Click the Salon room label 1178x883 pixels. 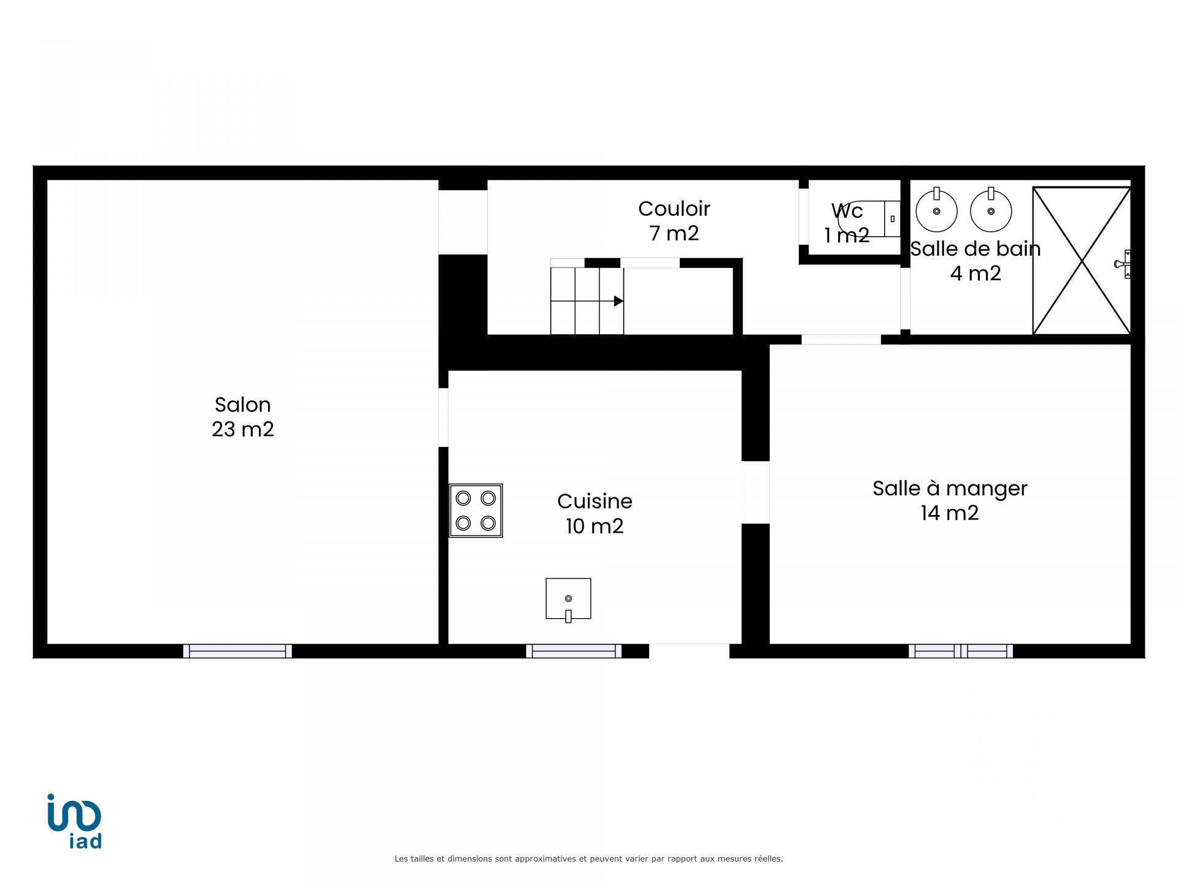[x=242, y=405]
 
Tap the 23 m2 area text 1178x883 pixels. [x=242, y=429]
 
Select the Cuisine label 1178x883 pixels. [x=595, y=501]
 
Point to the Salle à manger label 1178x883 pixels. [x=950, y=489]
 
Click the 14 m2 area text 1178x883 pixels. [x=950, y=513]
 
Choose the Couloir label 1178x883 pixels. [x=674, y=208]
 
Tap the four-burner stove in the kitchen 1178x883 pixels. [x=476, y=511]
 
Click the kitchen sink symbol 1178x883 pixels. [x=568, y=600]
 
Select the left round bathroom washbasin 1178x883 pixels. [x=936, y=210]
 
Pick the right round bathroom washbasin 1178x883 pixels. [x=991, y=210]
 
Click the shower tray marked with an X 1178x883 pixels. [x=1082, y=261]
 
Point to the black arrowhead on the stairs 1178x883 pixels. [x=618, y=301]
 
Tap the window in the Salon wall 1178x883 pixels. [x=237, y=651]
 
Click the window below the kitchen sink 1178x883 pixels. [x=574, y=651]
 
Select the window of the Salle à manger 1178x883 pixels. [x=961, y=651]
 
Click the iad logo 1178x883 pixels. [x=74, y=821]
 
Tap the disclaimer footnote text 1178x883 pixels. [x=588, y=858]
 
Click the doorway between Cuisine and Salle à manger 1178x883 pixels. [x=755, y=492]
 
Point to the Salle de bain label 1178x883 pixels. [x=976, y=249]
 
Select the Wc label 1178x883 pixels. [x=847, y=211]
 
